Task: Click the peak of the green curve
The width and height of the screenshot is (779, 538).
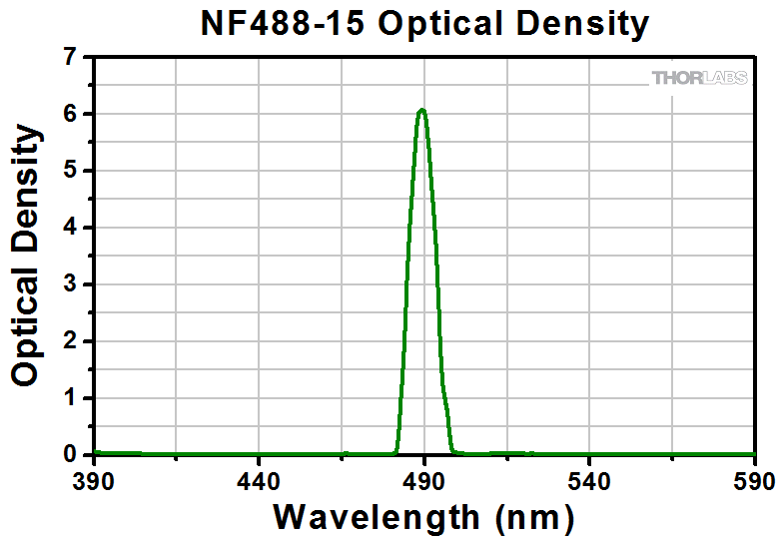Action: [x=422, y=110]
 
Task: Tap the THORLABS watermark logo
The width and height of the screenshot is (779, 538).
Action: [x=699, y=78]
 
